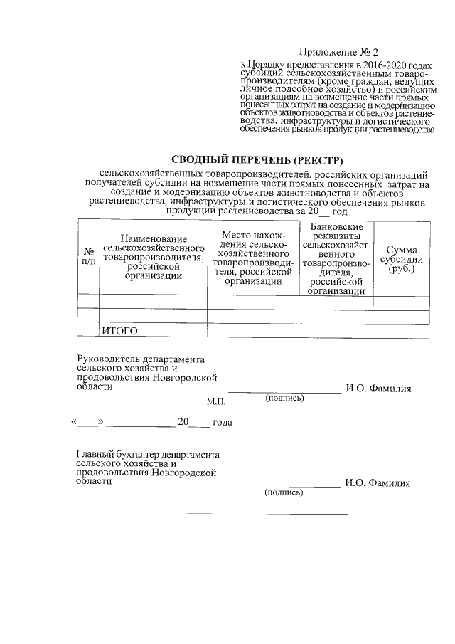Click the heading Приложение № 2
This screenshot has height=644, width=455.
click(x=340, y=52)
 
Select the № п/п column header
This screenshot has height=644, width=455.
click(x=89, y=257)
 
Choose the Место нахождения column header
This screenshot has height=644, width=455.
click(x=254, y=258)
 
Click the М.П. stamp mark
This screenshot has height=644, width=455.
click(x=215, y=402)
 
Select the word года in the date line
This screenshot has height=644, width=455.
click(x=223, y=422)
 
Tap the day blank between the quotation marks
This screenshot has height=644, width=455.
click(x=87, y=422)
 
